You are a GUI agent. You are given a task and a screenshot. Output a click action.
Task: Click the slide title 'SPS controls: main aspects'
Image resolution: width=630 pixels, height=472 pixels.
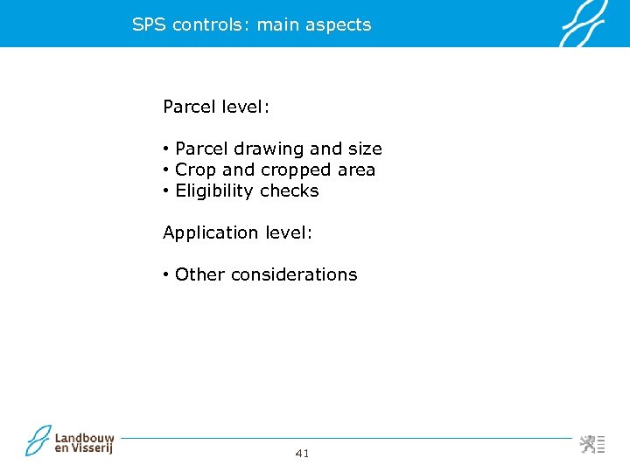[x=251, y=24]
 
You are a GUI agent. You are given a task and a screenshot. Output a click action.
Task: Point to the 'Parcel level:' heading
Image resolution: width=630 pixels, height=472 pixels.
[x=216, y=108]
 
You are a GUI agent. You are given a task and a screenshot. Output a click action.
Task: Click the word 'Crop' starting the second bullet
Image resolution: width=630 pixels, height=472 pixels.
[x=196, y=170]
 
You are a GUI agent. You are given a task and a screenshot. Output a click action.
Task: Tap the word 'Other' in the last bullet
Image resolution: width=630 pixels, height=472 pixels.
[x=199, y=274]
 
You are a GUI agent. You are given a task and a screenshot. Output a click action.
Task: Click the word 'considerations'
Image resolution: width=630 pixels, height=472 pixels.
[x=294, y=274]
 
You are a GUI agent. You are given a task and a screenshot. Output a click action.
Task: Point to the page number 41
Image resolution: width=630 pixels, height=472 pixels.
[x=303, y=453]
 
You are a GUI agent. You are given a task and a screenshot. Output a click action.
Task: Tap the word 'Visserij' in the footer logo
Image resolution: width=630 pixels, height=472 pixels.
[x=92, y=449]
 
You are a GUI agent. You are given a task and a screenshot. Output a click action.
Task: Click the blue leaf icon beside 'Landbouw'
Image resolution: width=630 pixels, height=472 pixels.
[x=38, y=440]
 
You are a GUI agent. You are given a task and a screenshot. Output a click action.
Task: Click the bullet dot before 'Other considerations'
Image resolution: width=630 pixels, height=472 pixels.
[x=165, y=274]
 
